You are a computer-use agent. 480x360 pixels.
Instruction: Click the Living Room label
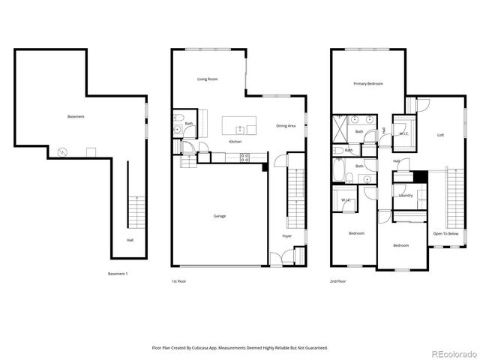coord(207,79)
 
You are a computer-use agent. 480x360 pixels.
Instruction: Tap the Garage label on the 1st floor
coord(219,216)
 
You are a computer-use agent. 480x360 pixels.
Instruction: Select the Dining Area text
coord(286,126)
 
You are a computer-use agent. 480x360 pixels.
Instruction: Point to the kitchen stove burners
coord(243,157)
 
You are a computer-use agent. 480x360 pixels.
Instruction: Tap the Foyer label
coord(286,236)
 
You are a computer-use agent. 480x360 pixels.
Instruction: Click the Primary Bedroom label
coord(369,84)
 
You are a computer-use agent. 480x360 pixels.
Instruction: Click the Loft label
coord(441,135)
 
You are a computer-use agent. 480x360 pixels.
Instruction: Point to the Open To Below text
coord(445,234)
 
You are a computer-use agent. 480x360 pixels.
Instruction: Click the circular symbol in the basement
coord(62,152)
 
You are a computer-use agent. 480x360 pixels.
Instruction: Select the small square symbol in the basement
coord(91,152)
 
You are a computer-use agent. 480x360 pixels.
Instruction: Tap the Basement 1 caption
coord(118,274)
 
